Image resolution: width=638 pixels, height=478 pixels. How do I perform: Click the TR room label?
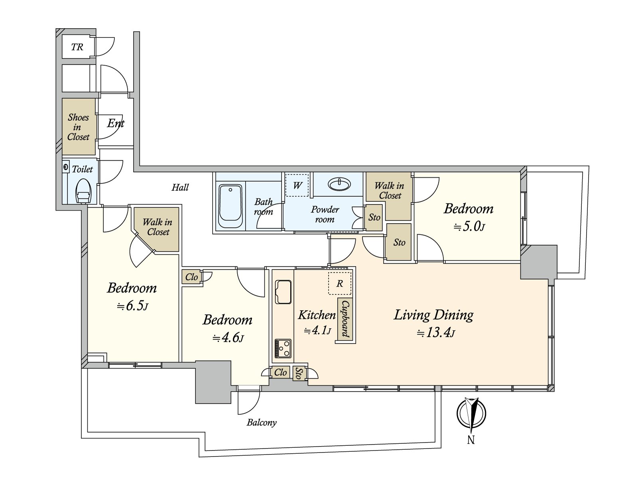77,47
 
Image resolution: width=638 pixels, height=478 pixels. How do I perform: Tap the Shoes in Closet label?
78,127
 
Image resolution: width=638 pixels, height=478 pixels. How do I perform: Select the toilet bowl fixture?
83,191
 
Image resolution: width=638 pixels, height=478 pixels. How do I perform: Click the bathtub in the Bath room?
230,206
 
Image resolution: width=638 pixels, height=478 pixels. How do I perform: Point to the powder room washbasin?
339,184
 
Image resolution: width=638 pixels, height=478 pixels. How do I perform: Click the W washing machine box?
297,185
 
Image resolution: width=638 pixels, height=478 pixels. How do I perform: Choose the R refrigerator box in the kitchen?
339,283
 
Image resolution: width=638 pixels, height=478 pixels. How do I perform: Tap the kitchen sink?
283,292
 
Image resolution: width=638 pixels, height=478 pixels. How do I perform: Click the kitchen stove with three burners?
283,348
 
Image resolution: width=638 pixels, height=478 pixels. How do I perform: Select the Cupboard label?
345,319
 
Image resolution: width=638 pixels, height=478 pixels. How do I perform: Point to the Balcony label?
262,423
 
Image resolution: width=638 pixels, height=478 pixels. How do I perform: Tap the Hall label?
180,187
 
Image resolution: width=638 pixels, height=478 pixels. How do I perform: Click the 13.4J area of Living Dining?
436,333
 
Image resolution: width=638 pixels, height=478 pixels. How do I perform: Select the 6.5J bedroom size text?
132,306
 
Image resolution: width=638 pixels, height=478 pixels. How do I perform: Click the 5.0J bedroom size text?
469,227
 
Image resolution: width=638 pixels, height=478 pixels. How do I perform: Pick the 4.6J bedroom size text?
228,338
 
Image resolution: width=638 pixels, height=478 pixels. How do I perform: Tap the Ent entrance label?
116,123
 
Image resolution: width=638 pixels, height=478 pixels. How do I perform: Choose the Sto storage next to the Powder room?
374,217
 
